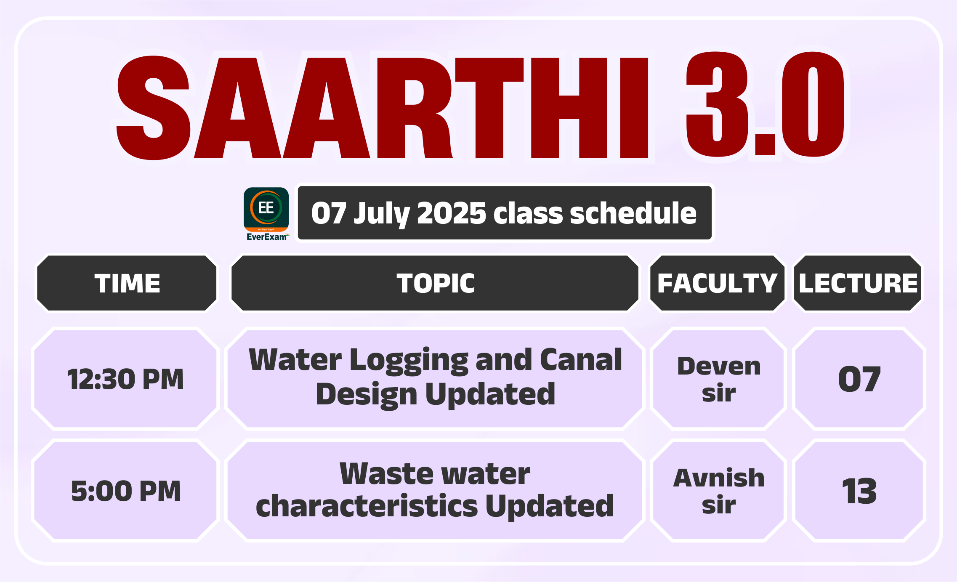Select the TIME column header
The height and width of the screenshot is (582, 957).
127,283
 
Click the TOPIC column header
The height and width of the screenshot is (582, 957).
435,283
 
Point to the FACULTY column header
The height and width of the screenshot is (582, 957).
718,283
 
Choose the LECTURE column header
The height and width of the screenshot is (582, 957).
858,283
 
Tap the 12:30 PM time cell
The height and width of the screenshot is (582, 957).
125,379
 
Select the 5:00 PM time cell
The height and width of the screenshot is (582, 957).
125,491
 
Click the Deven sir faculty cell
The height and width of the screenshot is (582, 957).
718,379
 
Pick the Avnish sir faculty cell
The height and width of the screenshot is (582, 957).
718,491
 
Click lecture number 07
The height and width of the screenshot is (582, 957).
859,379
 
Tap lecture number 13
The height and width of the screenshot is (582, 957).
859,491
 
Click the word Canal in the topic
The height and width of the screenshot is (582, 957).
581,360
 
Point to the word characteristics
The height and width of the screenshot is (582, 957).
367,506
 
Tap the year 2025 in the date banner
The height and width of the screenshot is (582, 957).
451,213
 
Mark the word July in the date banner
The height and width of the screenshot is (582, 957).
381,214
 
